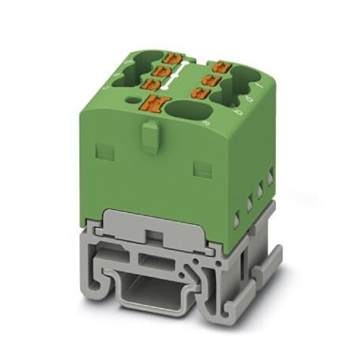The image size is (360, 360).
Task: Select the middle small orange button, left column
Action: [x=165, y=70]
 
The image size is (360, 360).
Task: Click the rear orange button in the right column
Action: [x=220, y=66]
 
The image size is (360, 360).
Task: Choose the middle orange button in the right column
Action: [x=210, y=79]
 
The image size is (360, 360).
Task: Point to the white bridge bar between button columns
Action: [x=186, y=79]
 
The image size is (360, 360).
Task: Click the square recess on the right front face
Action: [x=202, y=168]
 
